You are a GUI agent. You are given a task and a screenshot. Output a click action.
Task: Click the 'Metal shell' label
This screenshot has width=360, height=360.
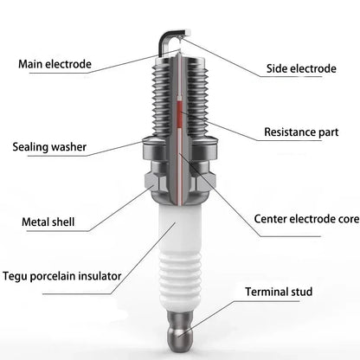pyautogui.click(x=48, y=222)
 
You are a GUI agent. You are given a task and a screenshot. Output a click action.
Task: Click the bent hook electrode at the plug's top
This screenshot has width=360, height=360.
pyautogui.click(x=170, y=36)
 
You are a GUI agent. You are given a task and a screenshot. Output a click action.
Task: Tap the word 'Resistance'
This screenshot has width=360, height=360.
pyautogui.click(x=287, y=133)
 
